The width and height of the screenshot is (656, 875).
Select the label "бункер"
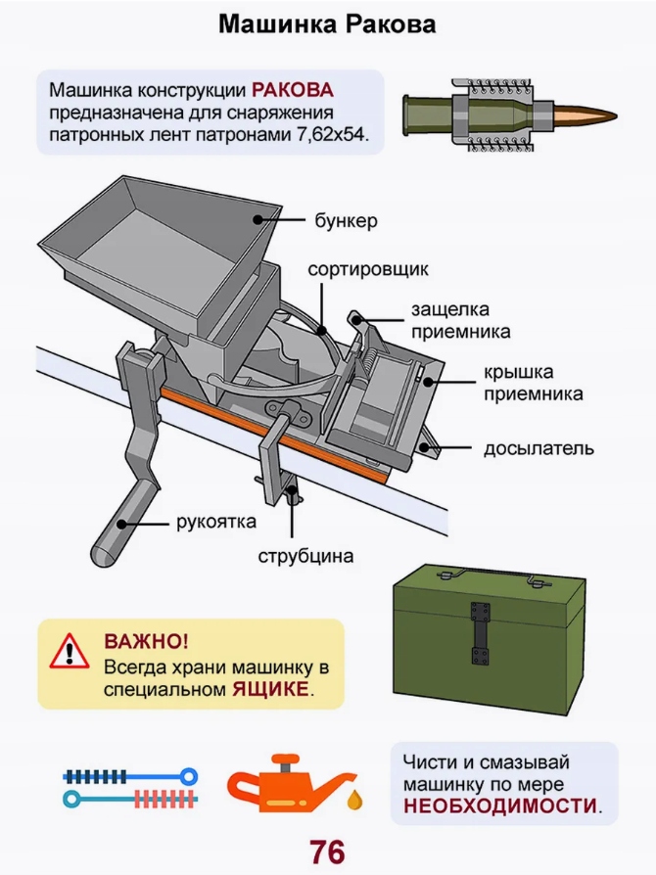[346, 221]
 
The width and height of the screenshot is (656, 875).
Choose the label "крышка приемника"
[532, 384]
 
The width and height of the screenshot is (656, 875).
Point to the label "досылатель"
[539, 449]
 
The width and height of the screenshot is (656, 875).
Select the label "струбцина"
[305, 557]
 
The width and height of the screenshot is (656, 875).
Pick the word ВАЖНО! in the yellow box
[147, 642]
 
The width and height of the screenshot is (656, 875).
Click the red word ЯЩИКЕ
[270, 689]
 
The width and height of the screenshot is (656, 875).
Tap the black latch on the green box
[479, 637]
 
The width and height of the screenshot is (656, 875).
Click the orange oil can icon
[284, 784]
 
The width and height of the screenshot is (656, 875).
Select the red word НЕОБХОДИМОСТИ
[499, 807]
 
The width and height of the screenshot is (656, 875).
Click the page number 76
[327, 852]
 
